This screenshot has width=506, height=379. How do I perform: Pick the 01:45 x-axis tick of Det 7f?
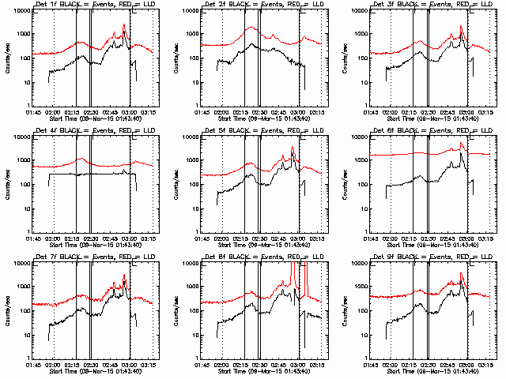tap(32, 365)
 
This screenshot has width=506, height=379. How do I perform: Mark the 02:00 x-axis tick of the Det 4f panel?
tap(54, 238)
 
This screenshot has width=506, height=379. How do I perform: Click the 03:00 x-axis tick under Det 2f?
tap(300, 112)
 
